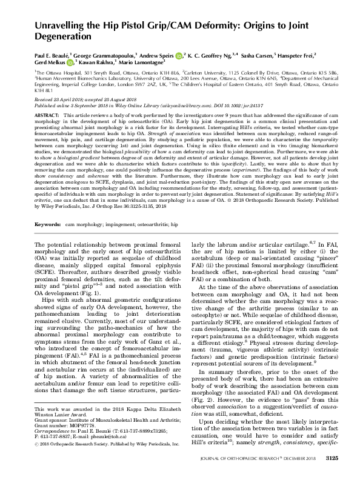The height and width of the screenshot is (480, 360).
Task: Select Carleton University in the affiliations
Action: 213,71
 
